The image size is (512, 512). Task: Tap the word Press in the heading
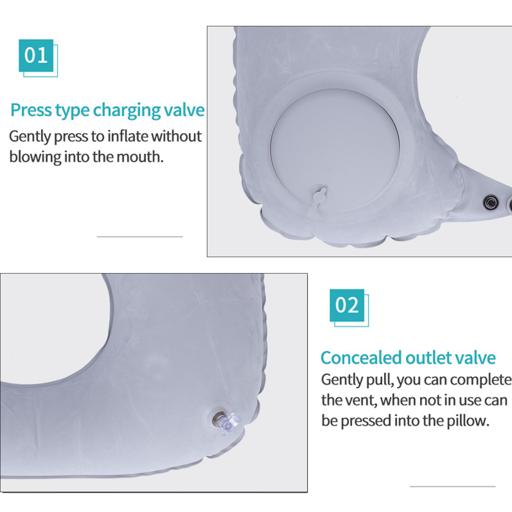tap(31, 110)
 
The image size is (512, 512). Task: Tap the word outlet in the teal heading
tap(423, 358)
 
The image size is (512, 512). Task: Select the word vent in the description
tap(360, 400)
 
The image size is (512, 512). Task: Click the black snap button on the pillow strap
tap(491, 202)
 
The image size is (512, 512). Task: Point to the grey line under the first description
tap(140, 237)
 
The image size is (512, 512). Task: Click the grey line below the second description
tap(453, 486)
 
